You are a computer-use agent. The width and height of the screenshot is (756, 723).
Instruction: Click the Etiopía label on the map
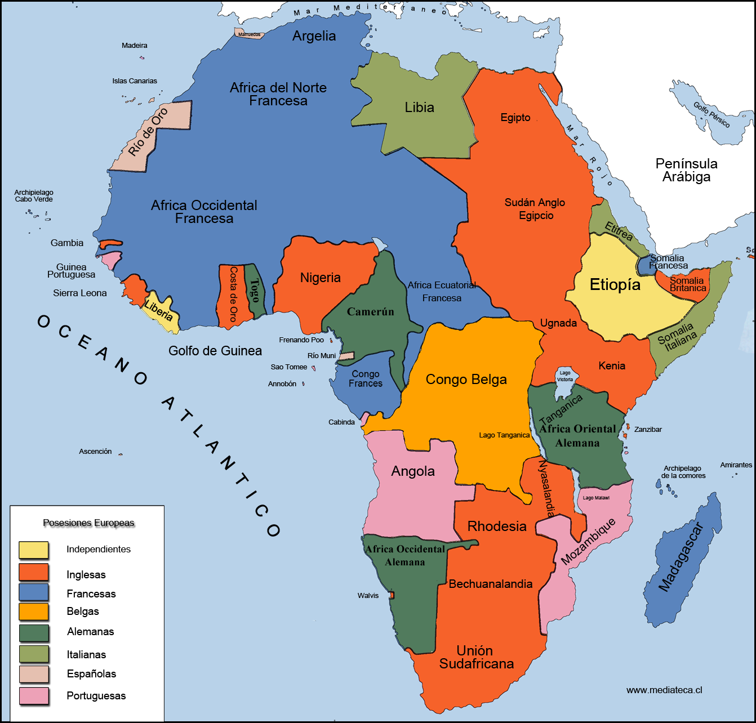pos(615,285)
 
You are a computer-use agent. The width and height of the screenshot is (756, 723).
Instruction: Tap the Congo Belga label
pos(466,380)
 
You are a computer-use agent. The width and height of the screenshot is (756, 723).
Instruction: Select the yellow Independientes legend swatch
pos(34,550)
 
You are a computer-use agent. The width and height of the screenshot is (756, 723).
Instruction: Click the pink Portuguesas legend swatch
pos(34,696)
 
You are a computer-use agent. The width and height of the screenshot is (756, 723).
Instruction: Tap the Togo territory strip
pos(255,290)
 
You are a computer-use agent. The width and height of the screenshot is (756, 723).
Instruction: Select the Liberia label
pos(159,310)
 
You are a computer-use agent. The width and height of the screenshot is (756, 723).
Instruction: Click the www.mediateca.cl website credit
pos(664,690)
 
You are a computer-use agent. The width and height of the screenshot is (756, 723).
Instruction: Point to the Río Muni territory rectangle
pos(346,356)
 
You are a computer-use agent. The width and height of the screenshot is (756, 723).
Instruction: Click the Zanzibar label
pos(648,430)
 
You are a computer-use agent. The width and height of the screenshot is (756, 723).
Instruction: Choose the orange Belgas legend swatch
pos(34,612)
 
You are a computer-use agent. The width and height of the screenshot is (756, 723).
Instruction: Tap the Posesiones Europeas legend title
pos(89,523)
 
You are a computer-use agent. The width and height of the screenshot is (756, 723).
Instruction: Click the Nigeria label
pos(320,278)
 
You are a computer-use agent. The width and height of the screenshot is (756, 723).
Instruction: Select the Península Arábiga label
pos(686,170)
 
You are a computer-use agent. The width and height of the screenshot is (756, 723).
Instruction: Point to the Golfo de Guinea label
pos(215,351)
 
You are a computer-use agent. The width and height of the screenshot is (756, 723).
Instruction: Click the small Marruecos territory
pos(248,34)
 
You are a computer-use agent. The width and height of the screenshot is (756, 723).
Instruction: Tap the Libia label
pos(419,108)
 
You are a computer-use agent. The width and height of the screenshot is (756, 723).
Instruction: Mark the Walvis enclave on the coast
pos(391,595)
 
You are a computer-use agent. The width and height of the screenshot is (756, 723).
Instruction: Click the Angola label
pos(413,471)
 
